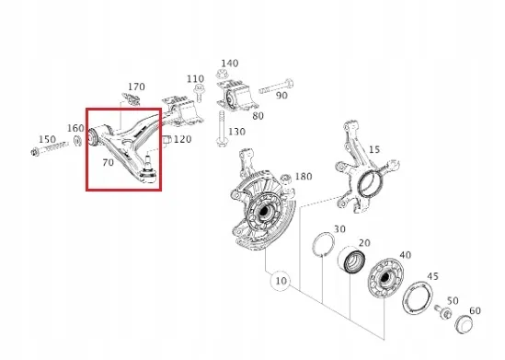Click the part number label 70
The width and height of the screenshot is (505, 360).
pos(109,162)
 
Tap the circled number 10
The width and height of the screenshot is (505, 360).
pos(281,281)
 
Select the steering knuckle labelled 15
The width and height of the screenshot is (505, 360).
pos(364,167)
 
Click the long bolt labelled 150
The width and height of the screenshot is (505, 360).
pos(50,148)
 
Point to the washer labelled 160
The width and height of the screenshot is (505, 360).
pos(77,141)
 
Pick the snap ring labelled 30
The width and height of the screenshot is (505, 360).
pos(324,244)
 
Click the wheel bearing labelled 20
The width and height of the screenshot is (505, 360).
pos(351,259)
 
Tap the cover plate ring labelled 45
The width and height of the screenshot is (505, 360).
pos(418,297)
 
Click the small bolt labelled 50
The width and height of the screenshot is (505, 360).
pos(443,311)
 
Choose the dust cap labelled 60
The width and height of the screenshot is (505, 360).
pos(465,324)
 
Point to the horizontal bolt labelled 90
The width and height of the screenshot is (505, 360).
pos(276,87)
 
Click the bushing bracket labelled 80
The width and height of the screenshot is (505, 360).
pos(237,95)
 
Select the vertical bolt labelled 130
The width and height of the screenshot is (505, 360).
pos(222,129)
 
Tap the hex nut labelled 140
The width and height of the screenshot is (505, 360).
pos(222,75)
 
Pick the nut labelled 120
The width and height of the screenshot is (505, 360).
pos(166,140)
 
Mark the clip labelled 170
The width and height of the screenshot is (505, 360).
pos(132,99)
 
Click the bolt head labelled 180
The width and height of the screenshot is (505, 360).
pos(286,179)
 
